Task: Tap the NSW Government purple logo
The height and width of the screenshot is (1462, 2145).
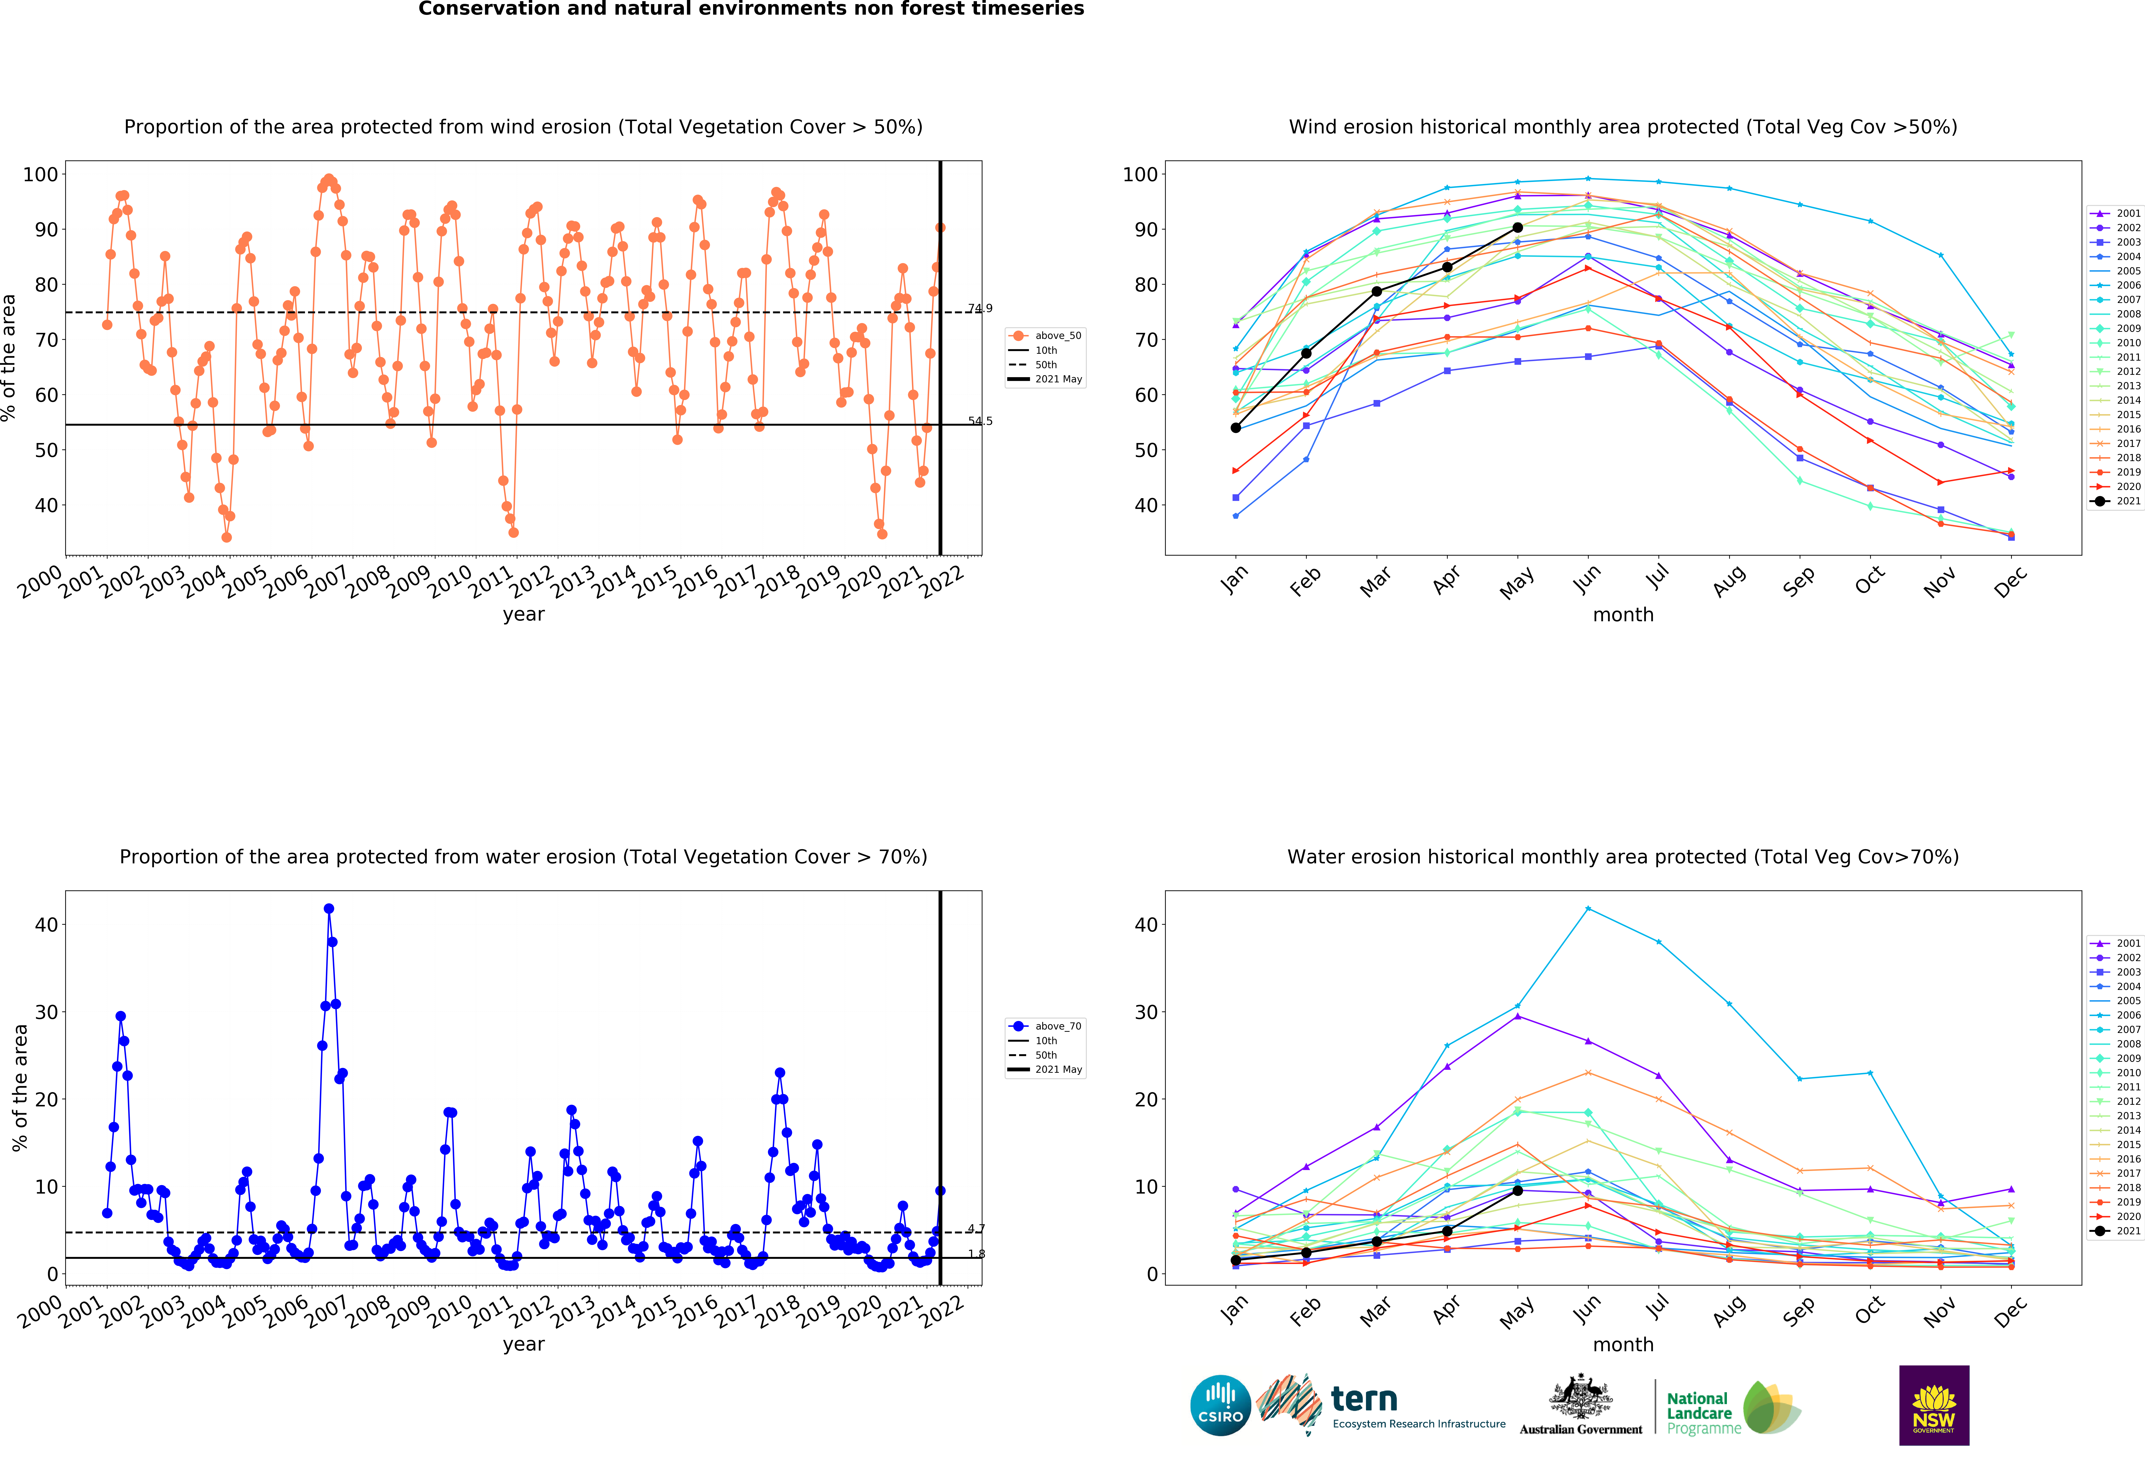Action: pos(1934,1405)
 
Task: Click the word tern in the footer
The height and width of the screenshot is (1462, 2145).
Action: pos(1364,1399)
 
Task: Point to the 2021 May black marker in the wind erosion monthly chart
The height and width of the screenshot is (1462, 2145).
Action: pos(1517,227)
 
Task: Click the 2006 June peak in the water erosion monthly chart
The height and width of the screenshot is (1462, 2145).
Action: pos(1588,908)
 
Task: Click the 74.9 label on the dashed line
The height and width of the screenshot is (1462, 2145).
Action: pos(980,308)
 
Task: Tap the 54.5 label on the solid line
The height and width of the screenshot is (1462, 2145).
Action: pos(980,421)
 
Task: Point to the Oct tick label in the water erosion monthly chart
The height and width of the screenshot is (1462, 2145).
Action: pos(1869,1311)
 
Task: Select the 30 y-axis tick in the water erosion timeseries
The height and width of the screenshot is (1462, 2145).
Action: pos(46,1012)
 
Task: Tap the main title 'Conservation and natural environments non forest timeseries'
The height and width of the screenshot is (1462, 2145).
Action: pos(751,9)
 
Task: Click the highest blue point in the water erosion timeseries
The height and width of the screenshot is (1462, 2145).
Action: pos(329,908)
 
